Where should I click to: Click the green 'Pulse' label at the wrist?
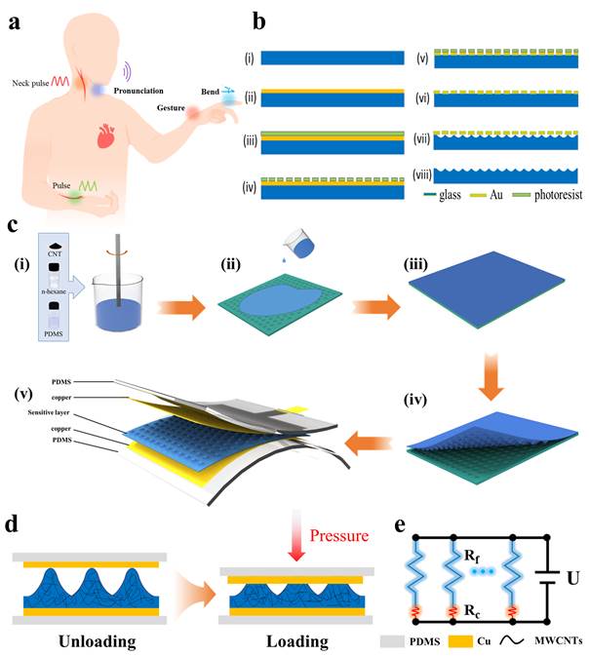tap(64, 183)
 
